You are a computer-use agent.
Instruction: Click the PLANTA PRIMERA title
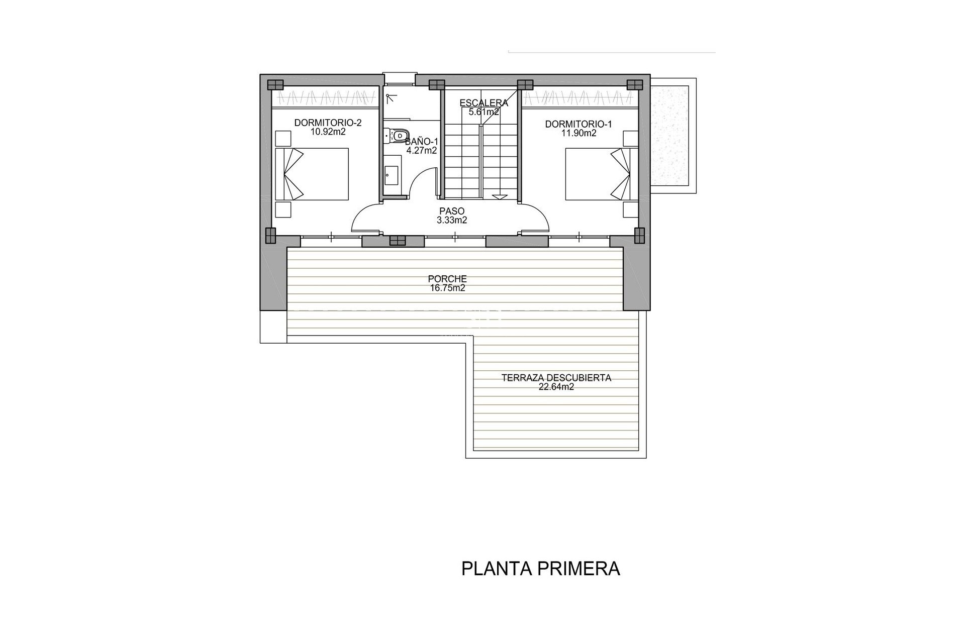coord(540,569)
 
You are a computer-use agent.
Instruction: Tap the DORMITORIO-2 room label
coord(328,123)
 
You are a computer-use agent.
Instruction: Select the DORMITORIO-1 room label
coord(578,124)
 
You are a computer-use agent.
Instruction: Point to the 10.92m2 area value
coord(328,132)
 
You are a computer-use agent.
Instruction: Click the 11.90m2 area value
coord(578,133)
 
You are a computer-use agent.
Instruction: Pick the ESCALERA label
coord(484,103)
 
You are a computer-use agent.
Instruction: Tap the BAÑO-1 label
coord(421,142)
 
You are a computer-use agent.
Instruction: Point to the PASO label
coord(452,211)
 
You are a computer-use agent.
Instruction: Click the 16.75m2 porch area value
coord(447,288)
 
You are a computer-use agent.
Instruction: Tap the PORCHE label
coord(447,279)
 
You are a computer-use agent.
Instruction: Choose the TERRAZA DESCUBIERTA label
coord(556,378)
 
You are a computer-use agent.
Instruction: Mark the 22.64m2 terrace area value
coord(556,387)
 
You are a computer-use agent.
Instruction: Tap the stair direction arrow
coord(500,197)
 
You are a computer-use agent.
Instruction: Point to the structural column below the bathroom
coord(397,241)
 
